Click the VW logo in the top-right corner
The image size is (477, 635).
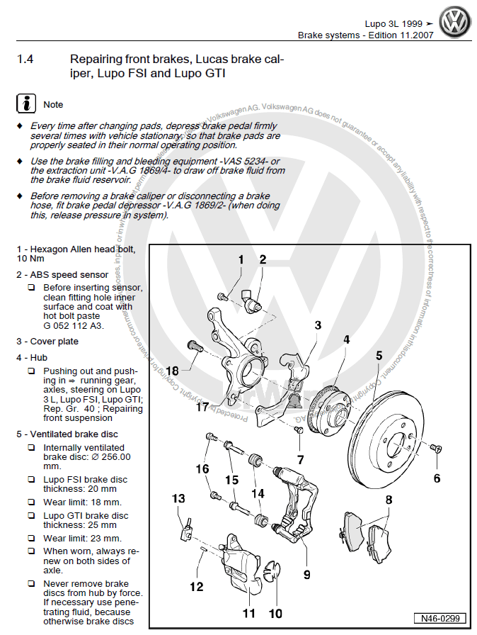click(455, 23)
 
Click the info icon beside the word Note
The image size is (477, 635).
click(25, 103)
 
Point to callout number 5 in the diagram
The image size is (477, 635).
click(379, 355)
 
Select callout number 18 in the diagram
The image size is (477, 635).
click(173, 370)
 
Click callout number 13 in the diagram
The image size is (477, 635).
click(179, 499)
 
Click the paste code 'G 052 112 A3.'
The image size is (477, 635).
click(74, 326)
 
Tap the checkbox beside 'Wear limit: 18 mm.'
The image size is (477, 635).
click(31, 502)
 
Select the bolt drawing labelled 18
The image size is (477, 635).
click(194, 347)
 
